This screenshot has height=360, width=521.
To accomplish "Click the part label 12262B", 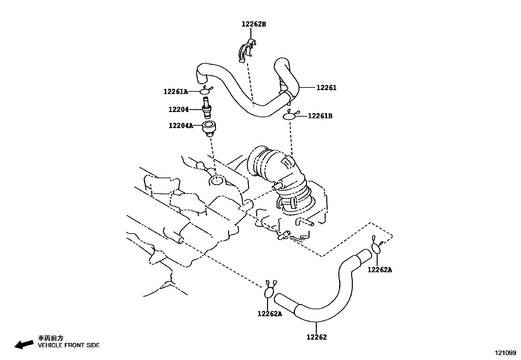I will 254,24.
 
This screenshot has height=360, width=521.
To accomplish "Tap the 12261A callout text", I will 176,92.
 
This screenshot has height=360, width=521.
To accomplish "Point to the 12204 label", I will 178,110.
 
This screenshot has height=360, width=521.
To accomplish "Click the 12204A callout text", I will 181,125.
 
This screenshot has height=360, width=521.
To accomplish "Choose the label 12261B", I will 320,116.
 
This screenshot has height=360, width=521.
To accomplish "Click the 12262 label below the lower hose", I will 316,337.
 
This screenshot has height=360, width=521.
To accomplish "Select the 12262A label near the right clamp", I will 380,270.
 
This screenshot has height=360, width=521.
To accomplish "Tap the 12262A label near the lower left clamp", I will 270,314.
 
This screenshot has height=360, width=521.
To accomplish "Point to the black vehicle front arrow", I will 24,344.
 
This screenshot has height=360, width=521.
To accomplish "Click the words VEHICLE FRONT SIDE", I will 69,345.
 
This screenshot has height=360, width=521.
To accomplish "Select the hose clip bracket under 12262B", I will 246,50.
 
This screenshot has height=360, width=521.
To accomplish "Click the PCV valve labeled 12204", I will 207,108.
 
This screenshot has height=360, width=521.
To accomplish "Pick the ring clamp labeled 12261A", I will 205,91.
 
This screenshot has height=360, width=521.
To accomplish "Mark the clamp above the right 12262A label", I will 376,247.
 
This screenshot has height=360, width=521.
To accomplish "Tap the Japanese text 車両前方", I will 51,338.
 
